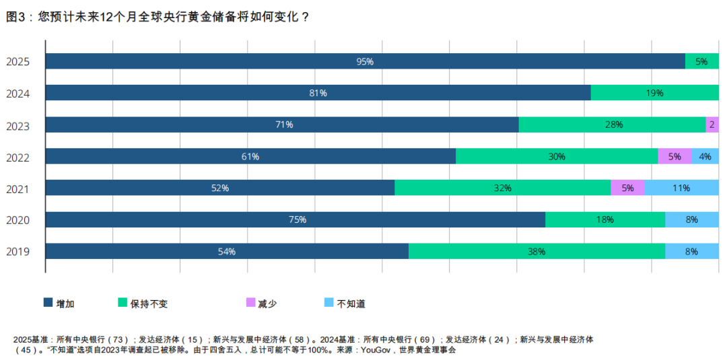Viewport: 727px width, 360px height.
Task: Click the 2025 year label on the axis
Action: (18, 62)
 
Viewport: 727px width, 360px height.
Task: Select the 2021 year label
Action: (18, 188)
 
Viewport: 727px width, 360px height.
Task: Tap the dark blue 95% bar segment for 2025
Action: (365, 61)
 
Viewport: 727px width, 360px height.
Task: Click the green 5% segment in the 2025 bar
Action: (701, 61)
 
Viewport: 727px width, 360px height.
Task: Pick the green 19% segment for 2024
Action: (654, 93)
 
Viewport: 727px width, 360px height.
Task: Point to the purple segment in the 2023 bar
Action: (712, 124)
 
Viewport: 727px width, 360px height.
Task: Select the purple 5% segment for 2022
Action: (674, 157)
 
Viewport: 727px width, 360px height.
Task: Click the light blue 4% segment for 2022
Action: (705, 157)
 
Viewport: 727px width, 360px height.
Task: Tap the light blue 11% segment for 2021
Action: (681, 188)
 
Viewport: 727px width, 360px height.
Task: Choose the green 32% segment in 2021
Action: (502, 188)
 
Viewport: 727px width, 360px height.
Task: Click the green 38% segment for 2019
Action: (536, 252)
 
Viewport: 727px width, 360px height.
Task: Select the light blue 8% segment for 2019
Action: (691, 252)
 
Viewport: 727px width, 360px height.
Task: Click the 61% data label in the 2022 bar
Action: (250, 157)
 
